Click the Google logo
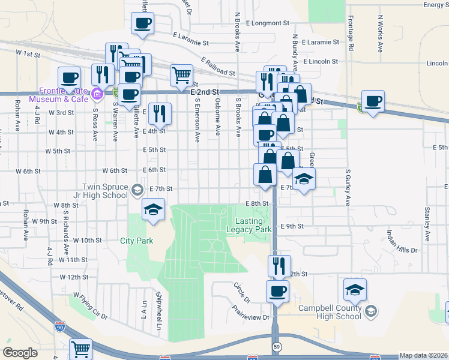(x=20, y=353)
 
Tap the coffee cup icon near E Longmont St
(x=143, y=24)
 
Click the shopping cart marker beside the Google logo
(x=80, y=349)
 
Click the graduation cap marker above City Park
(x=152, y=211)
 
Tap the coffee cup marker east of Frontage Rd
(x=373, y=101)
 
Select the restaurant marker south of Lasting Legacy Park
(x=279, y=266)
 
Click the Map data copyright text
(x=424, y=355)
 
